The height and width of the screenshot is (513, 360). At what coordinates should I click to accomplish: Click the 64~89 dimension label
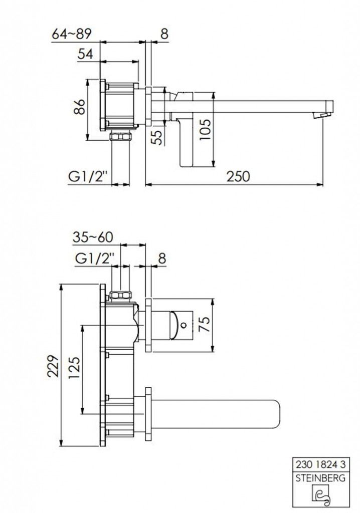click(72, 34)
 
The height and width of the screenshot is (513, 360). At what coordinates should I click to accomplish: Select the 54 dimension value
click(86, 54)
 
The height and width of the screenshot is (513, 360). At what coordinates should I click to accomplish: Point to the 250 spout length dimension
click(238, 176)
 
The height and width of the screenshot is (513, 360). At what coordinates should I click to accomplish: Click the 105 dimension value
click(206, 130)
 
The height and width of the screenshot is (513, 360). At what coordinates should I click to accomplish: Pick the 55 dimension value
click(158, 137)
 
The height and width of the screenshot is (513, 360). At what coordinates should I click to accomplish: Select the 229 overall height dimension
click(53, 366)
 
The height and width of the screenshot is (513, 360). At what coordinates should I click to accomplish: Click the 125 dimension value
click(74, 367)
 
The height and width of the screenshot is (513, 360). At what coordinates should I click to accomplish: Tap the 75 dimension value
click(206, 324)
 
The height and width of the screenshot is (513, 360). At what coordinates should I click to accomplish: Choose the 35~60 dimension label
click(93, 237)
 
